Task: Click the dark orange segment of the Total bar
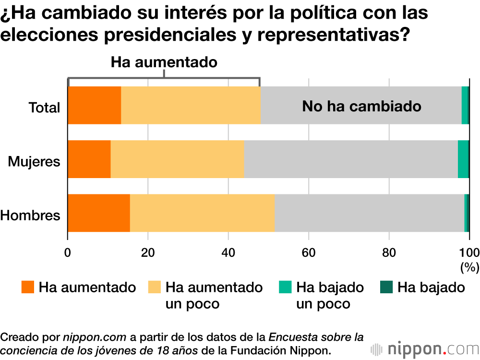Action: pos(94,106)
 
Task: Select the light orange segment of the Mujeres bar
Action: pos(177,159)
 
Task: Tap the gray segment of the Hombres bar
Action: pos(369,213)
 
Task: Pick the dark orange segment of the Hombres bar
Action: pos(99,213)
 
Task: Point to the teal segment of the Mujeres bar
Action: pos(463,159)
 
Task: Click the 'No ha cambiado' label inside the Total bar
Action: pos(361,106)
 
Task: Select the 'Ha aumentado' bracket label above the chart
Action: pos(164,62)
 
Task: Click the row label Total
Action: pos(45,108)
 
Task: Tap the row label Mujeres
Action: pos(34,161)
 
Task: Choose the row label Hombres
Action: pos(31,215)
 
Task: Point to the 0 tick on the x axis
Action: pos(68,252)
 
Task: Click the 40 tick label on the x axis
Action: pos(228,252)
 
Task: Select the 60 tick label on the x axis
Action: pos(309,252)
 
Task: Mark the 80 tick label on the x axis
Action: pos(389,252)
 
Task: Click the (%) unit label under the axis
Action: pos(469,267)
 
